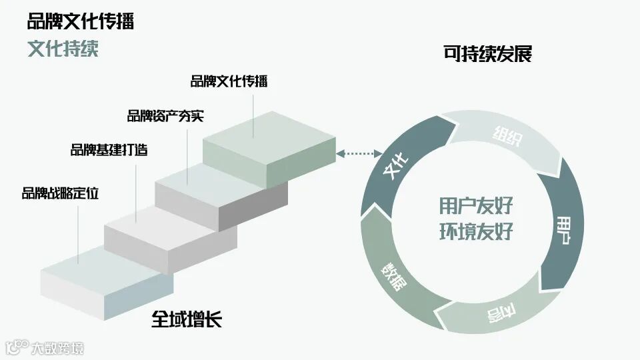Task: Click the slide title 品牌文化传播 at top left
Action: pos(80,21)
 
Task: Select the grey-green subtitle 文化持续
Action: pos(63,49)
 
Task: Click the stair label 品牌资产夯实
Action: pos(165,116)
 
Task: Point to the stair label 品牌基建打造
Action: pos(109,149)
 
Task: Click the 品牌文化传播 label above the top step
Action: pos(229,81)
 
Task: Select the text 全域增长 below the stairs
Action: pos(186,319)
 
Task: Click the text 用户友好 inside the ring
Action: pos(475,205)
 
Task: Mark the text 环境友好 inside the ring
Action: pos(475,231)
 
